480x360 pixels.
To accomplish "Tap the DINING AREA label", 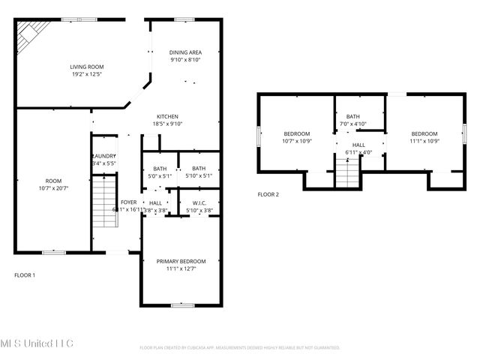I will pyautogui.click(x=184, y=52).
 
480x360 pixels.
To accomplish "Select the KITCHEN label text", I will pyautogui.click(x=166, y=116).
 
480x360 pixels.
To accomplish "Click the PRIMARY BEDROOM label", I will pyautogui.click(x=181, y=261).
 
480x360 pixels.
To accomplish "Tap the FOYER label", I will pyautogui.click(x=128, y=202).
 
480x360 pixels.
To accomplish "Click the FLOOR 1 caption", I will pyautogui.click(x=25, y=275).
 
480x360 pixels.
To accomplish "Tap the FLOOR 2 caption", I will pyautogui.click(x=268, y=194).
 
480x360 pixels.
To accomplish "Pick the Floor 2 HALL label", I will pyautogui.click(x=358, y=145).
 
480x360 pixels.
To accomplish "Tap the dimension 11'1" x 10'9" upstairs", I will pyautogui.click(x=424, y=140).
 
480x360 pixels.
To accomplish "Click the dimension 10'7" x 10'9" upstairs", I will pyautogui.click(x=297, y=140).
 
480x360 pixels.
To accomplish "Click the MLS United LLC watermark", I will pyautogui.click(x=37, y=343).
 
